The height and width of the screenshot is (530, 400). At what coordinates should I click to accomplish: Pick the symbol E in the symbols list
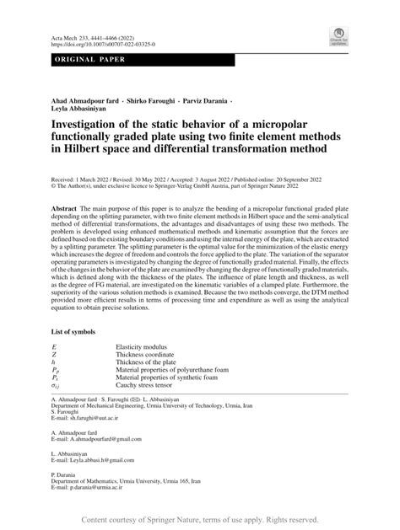click(55, 346)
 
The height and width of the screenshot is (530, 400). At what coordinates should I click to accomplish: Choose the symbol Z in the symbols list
click(55, 356)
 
